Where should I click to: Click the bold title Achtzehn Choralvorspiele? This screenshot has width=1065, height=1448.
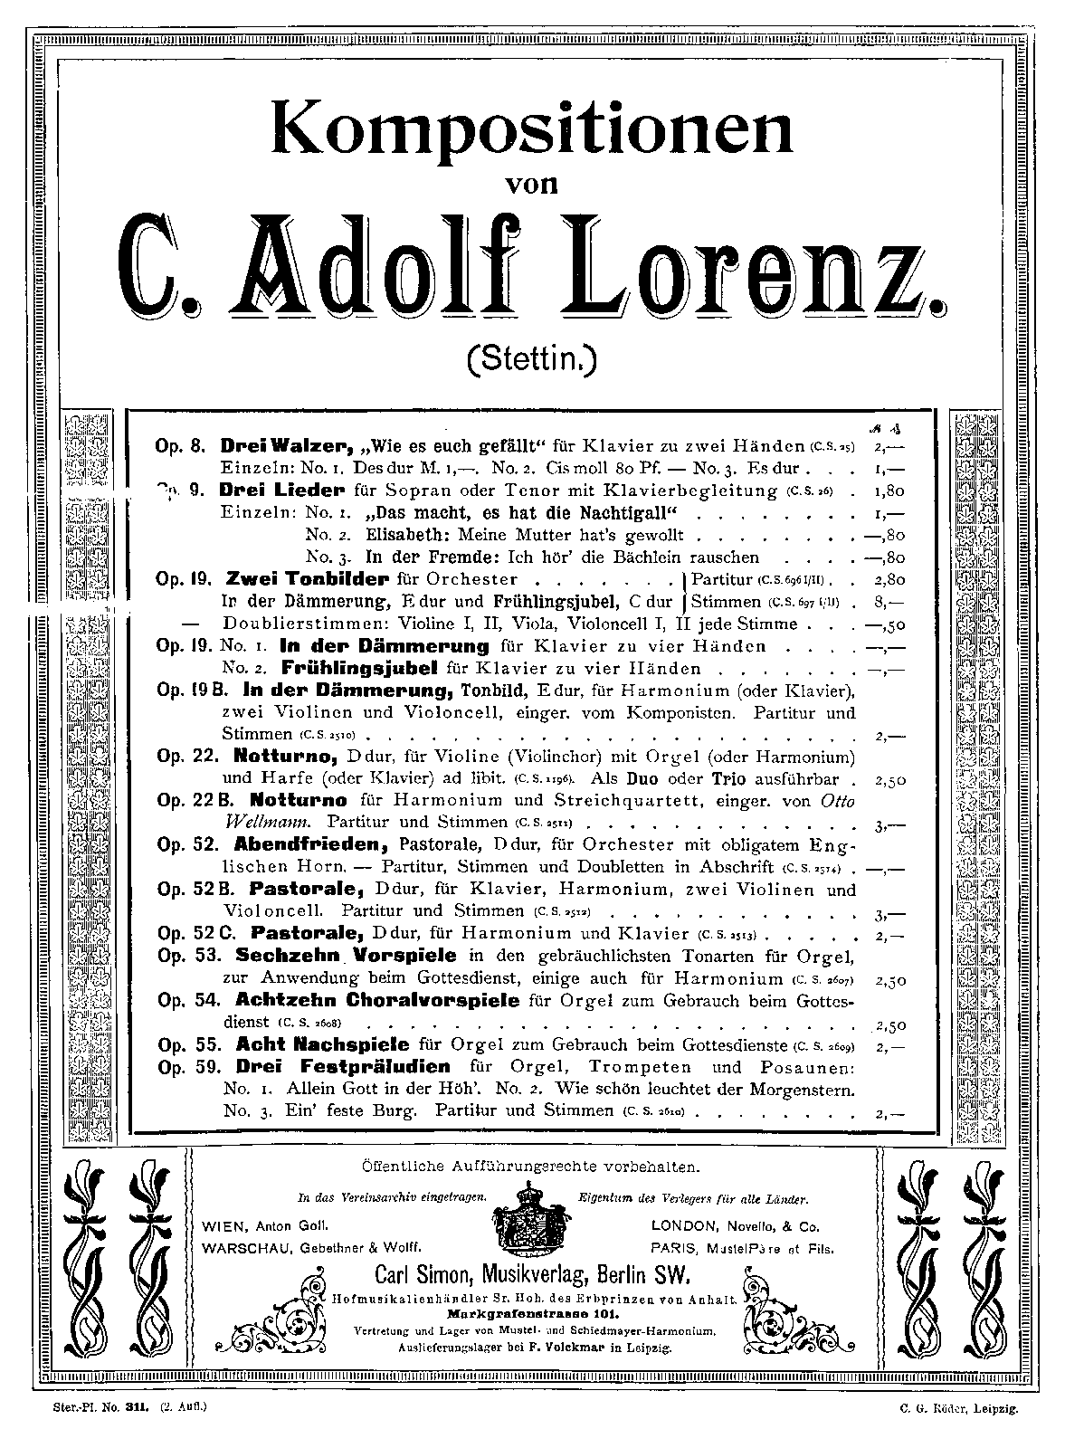click(377, 1000)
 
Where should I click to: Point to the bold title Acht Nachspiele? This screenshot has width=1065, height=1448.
click(322, 1044)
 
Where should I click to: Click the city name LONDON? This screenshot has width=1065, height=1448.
click(683, 1227)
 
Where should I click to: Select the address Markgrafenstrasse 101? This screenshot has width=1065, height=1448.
click(532, 1312)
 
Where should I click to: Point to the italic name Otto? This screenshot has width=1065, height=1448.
click(837, 801)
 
